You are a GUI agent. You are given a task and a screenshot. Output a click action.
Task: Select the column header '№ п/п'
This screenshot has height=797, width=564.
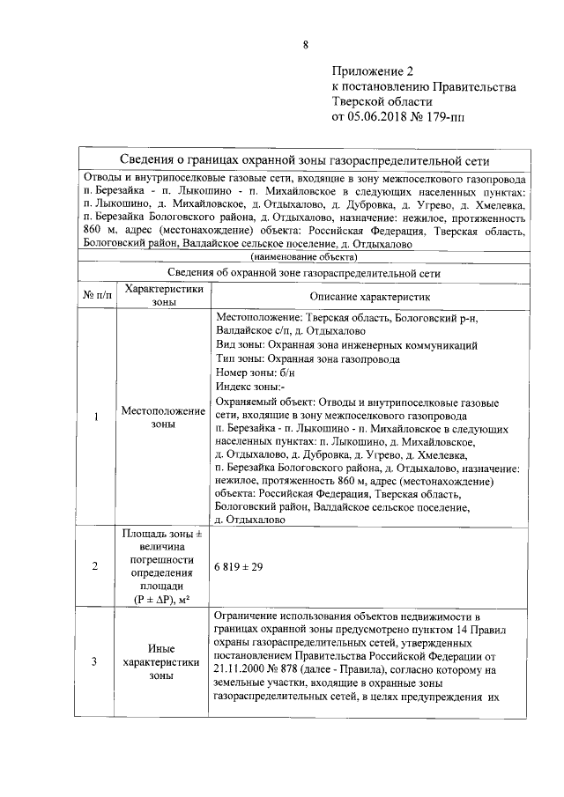coord(96,295)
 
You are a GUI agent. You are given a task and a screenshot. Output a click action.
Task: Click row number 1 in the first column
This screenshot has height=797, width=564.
coord(96,417)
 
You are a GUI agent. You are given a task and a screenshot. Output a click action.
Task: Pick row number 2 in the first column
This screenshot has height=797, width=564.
coord(96,565)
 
